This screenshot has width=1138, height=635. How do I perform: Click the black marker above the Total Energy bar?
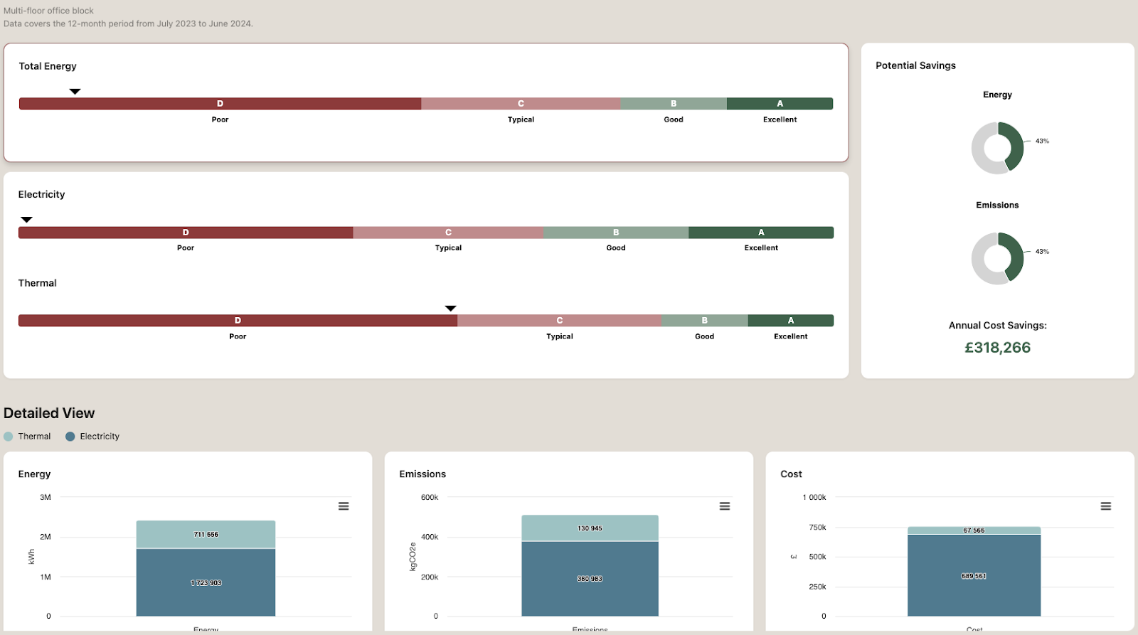75,91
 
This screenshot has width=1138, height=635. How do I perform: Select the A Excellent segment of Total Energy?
780,104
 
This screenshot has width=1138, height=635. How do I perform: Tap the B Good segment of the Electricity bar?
615,233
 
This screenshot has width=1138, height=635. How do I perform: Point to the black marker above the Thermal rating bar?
450,308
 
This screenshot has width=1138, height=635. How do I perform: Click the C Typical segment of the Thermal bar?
559,321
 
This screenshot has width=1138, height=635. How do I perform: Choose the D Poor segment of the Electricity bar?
186,233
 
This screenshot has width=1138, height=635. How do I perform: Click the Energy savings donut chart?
997,148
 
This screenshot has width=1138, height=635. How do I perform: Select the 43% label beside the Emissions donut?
1042,252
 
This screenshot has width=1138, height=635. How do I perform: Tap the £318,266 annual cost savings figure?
997,348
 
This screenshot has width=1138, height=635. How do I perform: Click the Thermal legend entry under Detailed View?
28,437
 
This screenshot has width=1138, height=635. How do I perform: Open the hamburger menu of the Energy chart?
344,506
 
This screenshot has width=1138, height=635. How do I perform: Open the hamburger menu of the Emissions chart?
725,506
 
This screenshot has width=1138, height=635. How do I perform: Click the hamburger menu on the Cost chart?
1106,506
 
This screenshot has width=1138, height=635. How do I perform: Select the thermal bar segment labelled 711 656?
206,534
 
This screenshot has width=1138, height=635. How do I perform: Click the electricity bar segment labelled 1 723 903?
206,582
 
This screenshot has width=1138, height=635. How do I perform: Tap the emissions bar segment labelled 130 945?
590,528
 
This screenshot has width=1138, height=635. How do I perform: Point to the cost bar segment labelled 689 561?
974,576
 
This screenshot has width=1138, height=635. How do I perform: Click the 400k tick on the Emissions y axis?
430,537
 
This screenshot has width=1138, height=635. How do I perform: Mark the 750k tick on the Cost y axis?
817,528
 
